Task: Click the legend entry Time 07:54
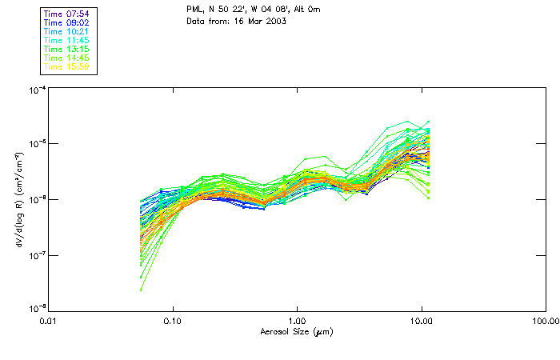pyautogui.click(x=66, y=13)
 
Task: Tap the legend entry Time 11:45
pyautogui.click(x=66, y=40)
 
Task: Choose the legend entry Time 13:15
pyautogui.click(x=66, y=49)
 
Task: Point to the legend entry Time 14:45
pyautogui.click(x=66, y=58)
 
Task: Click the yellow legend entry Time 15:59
pyautogui.click(x=66, y=67)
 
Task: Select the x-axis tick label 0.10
pyautogui.click(x=173, y=321)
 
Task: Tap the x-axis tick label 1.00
pyautogui.click(x=297, y=321)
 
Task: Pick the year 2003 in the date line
pyautogui.click(x=274, y=21)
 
